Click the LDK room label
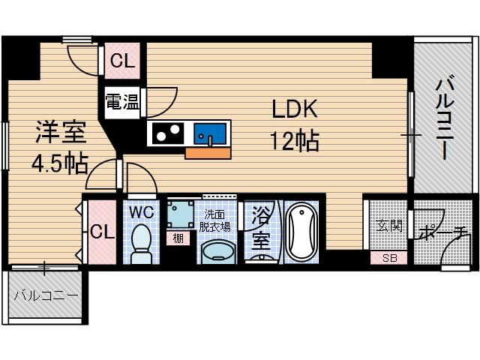(295, 110)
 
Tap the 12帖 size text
(295, 140)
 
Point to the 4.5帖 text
(59, 162)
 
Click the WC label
(142, 212)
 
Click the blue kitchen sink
(209, 134)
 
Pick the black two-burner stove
(166, 134)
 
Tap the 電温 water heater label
(121, 102)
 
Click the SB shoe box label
(390, 258)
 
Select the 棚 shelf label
(178, 238)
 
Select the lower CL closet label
(103, 231)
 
